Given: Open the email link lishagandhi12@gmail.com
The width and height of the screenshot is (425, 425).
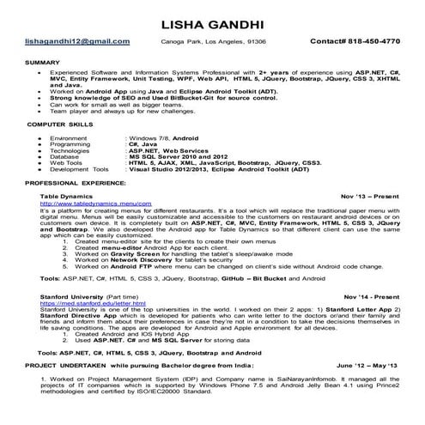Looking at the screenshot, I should pos(78,41).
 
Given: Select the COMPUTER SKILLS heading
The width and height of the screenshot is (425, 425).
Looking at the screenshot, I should pos(59,125).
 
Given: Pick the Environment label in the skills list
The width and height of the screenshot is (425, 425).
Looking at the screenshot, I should pos(70,137).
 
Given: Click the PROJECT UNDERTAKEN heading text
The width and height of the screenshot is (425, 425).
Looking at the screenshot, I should pos(62,365).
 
